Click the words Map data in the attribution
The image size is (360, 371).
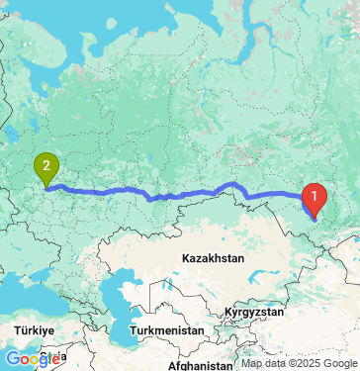pyautogui.click(x=260, y=363)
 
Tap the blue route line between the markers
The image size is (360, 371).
pyautogui.click(x=178, y=193)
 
